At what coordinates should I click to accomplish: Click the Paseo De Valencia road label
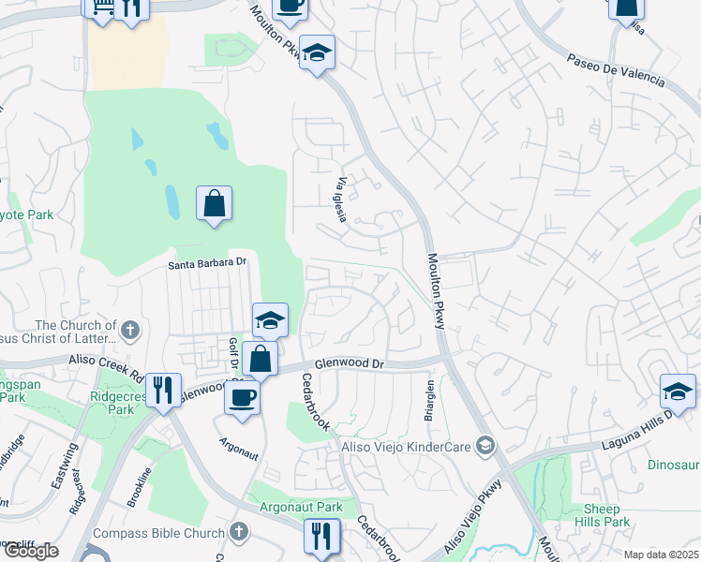(x=615, y=71)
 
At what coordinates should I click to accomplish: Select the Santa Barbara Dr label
(x=206, y=264)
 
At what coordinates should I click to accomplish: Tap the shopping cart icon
(x=98, y=7)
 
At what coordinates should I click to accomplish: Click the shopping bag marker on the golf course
(x=214, y=203)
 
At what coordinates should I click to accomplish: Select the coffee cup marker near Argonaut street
(x=242, y=396)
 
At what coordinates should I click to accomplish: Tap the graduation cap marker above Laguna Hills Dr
(x=678, y=390)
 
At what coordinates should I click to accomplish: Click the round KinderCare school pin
(x=485, y=445)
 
